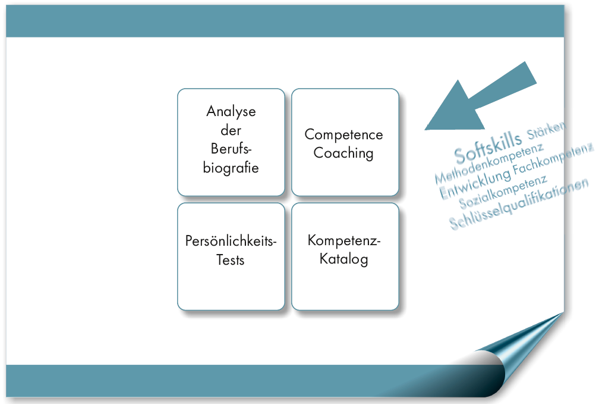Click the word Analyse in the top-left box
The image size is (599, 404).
(231, 111)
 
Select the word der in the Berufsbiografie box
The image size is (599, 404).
(231, 130)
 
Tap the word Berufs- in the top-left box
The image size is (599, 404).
(231, 148)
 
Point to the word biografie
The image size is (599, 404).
(231, 168)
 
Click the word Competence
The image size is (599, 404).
(344, 134)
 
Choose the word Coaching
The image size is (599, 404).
(343, 153)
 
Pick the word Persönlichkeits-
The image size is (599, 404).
(231, 240)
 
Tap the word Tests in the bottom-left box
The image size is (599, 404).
(231, 260)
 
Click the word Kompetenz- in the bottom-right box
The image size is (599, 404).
(344, 240)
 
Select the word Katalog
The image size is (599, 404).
(344, 259)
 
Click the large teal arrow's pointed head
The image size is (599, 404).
(425, 130)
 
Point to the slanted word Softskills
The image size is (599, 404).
(488, 148)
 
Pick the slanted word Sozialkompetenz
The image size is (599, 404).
(503, 192)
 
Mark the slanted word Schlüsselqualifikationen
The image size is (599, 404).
(518, 204)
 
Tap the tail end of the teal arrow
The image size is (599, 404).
(531, 73)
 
